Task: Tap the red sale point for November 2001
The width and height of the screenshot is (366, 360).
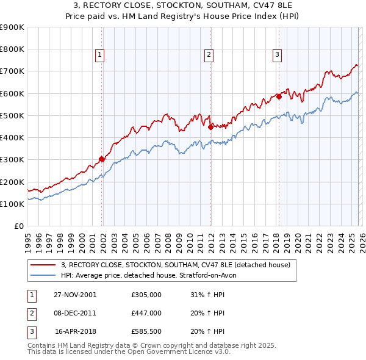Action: tap(102, 159)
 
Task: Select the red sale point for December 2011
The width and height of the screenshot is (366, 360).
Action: tap(210, 128)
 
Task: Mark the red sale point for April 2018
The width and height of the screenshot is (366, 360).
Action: tap(279, 96)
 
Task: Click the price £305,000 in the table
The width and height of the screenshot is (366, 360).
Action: tap(146, 294)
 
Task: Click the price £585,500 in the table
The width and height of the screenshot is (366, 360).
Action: tap(146, 332)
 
